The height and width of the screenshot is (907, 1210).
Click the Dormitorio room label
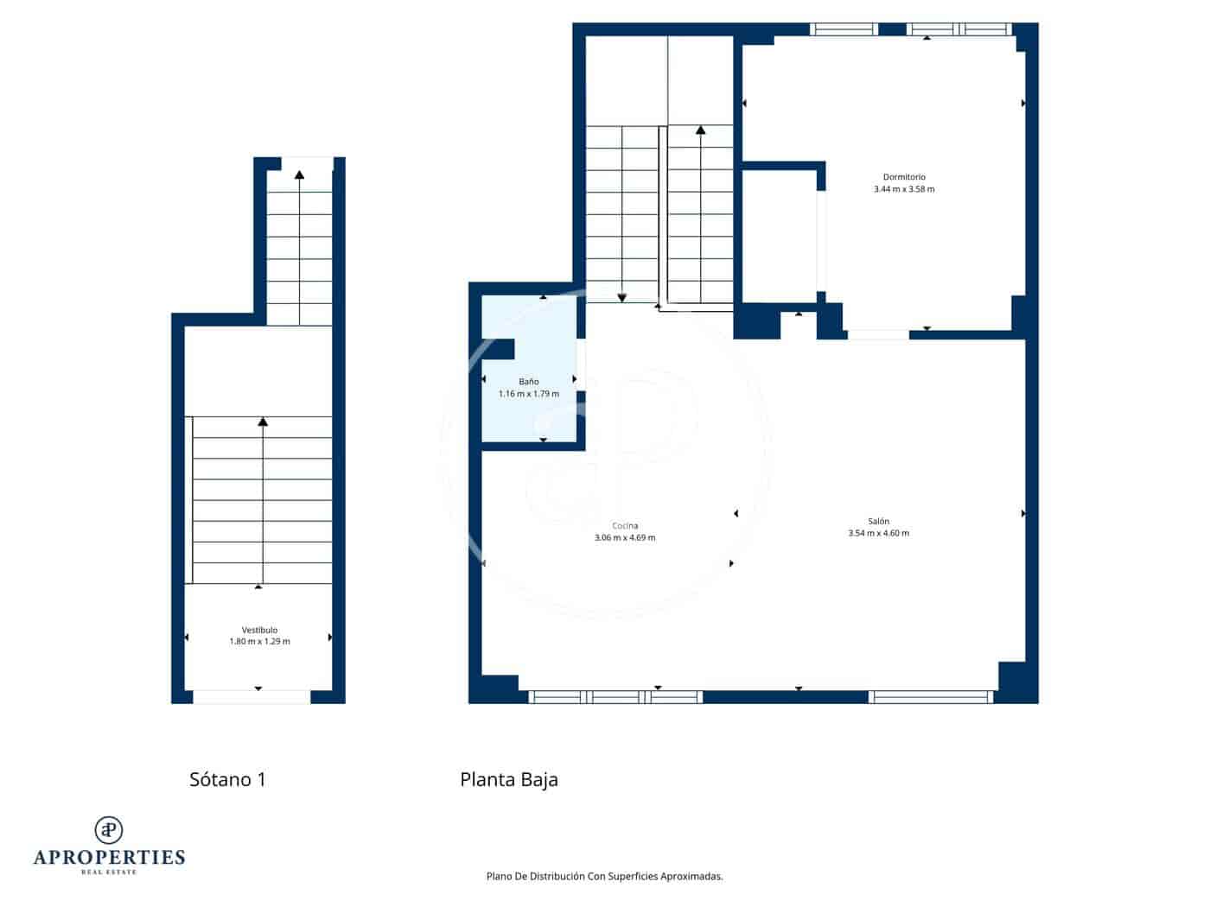click(x=903, y=177)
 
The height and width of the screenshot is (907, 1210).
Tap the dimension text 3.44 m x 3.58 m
click(x=903, y=189)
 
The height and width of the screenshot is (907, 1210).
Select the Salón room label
click(x=878, y=521)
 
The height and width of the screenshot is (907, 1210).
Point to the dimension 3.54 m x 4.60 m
click(x=878, y=533)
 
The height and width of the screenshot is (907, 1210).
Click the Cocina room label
click(x=625, y=526)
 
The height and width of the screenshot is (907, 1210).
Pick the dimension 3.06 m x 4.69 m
click(x=625, y=537)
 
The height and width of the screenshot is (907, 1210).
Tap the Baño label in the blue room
click(x=528, y=382)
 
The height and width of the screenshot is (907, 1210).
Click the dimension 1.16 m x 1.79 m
click(x=528, y=394)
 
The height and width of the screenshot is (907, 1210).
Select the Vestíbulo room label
click(x=259, y=630)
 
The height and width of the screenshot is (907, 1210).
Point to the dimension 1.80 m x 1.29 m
click(x=259, y=642)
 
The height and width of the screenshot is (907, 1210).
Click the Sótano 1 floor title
click(x=227, y=779)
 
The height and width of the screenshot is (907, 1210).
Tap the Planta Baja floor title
click(x=508, y=779)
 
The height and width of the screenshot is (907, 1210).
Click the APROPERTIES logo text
click(x=109, y=857)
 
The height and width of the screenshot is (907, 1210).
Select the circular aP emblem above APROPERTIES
click(x=109, y=829)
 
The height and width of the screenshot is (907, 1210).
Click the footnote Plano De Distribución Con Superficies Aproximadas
click(x=604, y=876)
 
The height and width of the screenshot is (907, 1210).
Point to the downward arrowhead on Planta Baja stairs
click(x=621, y=298)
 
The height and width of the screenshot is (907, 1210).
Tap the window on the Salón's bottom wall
click(x=931, y=697)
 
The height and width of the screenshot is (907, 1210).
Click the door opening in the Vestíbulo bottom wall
click(x=251, y=697)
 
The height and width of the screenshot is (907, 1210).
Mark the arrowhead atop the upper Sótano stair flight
click(x=299, y=174)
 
